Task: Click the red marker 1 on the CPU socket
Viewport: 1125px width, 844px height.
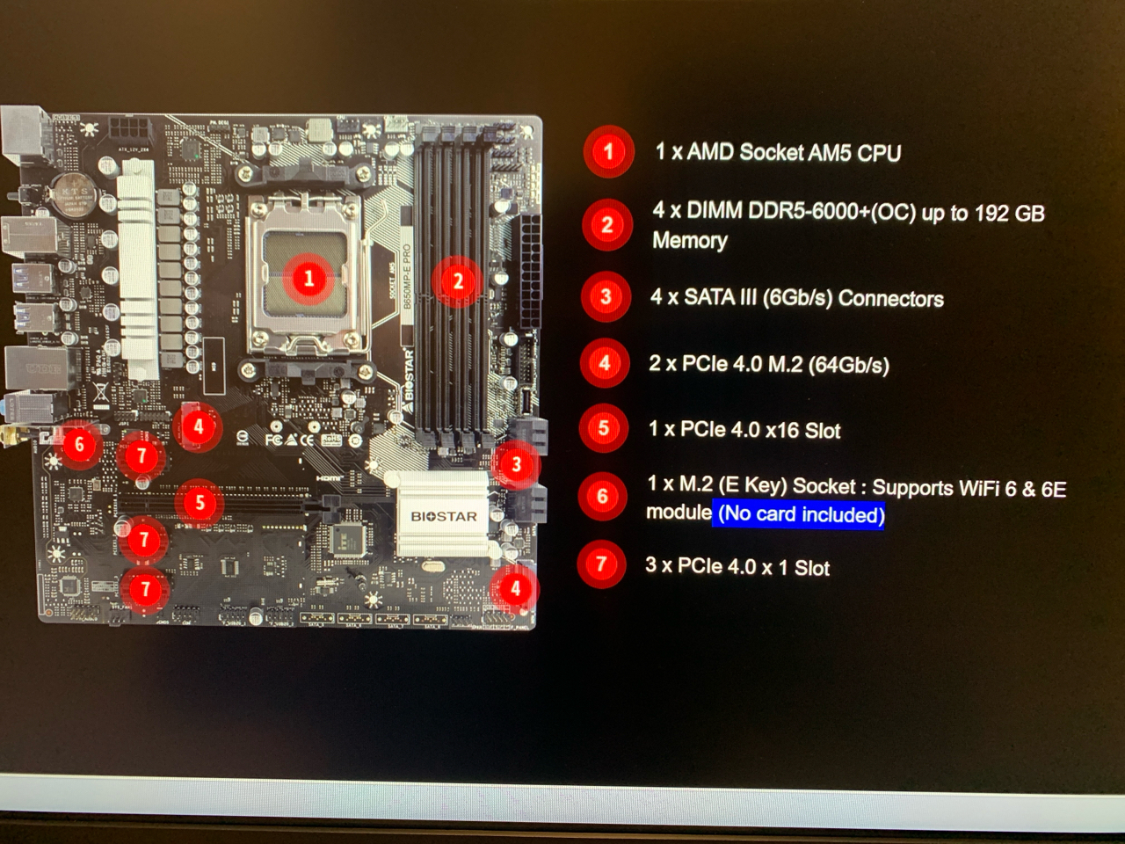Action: pos(308,279)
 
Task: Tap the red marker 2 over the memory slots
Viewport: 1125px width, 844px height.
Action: pos(457,281)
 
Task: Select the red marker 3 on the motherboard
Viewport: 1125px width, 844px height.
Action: pos(516,464)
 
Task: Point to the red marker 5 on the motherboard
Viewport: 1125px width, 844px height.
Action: pos(200,502)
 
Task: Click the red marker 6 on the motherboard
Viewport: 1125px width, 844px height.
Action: pos(79,444)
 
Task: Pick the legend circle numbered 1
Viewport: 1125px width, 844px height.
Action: pos(607,152)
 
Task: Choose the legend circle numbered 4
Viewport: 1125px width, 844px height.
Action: pos(605,363)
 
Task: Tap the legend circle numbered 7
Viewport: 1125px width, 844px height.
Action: pos(601,564)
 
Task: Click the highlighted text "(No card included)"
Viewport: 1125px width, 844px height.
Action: pos(801,514)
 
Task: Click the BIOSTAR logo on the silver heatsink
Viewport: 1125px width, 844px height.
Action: pos(444,516)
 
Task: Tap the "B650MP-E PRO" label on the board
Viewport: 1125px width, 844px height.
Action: pos(406,276)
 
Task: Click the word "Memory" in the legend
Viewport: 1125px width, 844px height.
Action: pos(689,241)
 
